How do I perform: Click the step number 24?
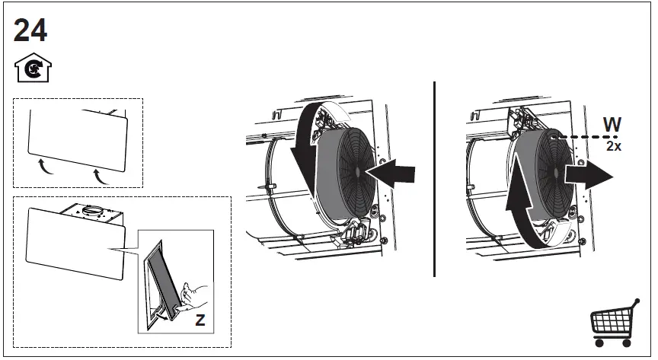tap(30, 30)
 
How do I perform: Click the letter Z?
tap(200, 320)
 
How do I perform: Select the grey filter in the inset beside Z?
tap(163, 277)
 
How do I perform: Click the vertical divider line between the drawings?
tap(434, 178)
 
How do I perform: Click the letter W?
tap(612, 125)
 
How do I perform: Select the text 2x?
tap(613, 146)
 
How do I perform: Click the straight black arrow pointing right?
tap(588, 174)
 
